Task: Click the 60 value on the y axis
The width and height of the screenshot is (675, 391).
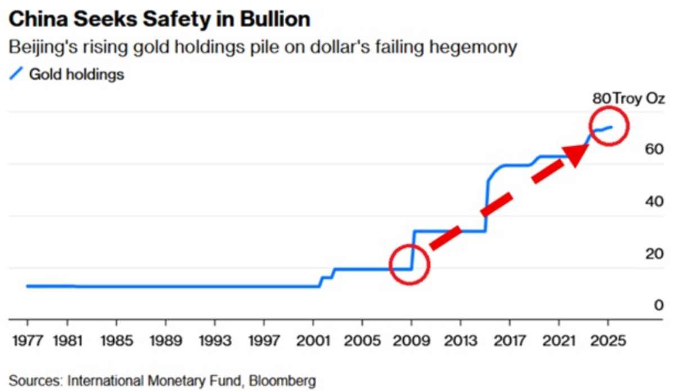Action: point(654,149)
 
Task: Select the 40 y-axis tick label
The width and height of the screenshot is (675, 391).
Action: point(654,201)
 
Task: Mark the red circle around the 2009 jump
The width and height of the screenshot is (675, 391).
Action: point(409,264)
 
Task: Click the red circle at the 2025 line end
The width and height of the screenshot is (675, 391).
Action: point(609,126)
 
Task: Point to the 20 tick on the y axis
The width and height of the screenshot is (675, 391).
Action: point(654,253)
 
